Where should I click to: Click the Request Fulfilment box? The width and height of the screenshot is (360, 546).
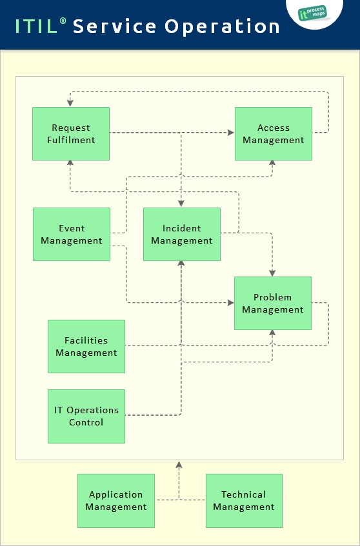(x=71, y=133)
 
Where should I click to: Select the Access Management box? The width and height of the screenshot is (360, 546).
(x=273, y=133)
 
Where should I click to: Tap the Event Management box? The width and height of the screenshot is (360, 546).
(x=71, y=234)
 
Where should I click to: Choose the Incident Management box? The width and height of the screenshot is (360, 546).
(x=181, y=234)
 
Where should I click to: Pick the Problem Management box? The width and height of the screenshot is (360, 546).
(x=272, y=303)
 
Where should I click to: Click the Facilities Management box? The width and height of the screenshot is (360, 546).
(x=86, y=346)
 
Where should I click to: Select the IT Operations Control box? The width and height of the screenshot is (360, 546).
(x=86, y=416)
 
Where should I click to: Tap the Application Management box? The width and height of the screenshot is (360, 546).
(x=115, y=500)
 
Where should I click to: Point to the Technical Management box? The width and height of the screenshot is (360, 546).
(x=243, y=500)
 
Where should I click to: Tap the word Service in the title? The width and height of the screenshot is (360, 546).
(x=114, y=26)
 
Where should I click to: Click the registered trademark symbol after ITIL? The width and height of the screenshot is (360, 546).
(x=63, y=21)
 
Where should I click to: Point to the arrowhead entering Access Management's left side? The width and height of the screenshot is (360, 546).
(x=231, y=133)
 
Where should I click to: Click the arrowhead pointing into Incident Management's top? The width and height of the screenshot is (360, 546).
(x=181, y=204)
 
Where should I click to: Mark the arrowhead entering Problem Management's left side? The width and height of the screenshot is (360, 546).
(x=230, y=302)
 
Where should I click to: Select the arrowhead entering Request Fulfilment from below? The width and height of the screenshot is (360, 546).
(x=70, y=164)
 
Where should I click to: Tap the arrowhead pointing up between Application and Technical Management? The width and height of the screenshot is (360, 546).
(x=179, y=464)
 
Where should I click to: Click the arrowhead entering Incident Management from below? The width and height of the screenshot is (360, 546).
(x=181, y=264)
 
